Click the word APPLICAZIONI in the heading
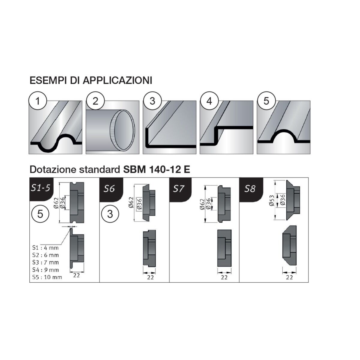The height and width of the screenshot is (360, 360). coord(118,80)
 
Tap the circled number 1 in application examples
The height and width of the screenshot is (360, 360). coord(37,101)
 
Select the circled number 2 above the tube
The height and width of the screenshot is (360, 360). coord(95,101)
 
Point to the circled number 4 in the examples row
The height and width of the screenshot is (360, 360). coord(209,101)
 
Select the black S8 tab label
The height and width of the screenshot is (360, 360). coord(250,189)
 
